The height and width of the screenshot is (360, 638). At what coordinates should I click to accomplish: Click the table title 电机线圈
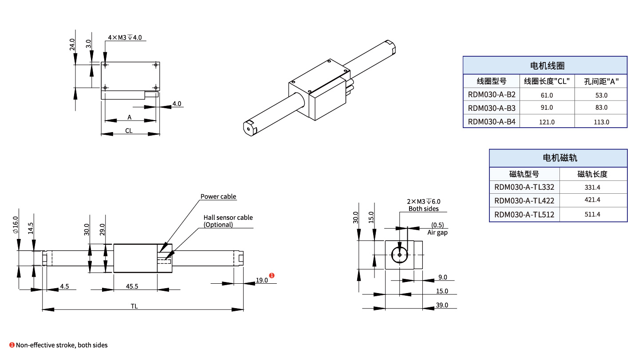pos(545,65)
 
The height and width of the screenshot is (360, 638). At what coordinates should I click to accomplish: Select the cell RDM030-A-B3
pos(491,108)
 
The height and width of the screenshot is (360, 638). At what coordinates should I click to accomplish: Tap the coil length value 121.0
pos(547,122)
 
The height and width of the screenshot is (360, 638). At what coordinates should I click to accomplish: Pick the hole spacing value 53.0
pos(601,95)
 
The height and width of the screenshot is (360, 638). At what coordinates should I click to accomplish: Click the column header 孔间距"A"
pos(601,81)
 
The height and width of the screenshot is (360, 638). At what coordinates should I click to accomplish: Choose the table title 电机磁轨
pos(558,158)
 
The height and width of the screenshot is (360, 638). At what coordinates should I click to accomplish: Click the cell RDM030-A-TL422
pos(524,200)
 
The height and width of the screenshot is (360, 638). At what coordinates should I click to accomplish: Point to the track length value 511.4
pos(593,215)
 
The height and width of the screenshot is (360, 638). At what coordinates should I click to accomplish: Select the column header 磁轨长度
pos(593,174)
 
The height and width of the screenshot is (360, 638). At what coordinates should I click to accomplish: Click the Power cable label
pos(218,196)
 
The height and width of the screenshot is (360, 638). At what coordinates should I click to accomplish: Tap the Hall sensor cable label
pos(228,218)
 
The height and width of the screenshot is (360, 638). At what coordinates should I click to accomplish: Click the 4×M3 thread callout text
pos(125,38)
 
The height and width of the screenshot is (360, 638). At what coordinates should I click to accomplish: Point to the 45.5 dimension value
pos(132,286)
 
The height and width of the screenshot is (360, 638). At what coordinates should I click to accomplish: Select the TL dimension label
pos(134,306)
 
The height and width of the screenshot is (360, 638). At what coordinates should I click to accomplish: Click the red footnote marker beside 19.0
pos(272,276)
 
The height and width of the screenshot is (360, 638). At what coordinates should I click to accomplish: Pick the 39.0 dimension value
pos(442,305)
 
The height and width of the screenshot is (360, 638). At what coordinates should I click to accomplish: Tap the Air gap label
pos(437,233)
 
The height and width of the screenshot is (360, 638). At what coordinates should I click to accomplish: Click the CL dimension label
pos(129,131)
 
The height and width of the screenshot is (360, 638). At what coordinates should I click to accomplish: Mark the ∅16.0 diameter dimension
pos(16,224)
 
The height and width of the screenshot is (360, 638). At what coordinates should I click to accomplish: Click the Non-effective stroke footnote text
pos(62,345)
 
